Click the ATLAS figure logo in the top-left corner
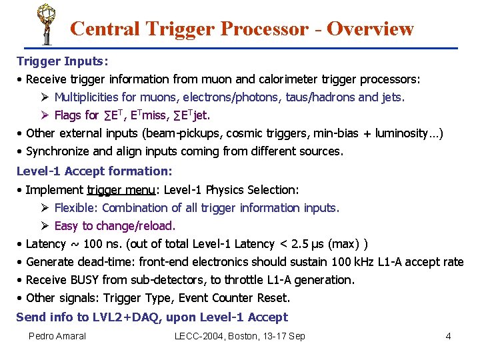45,23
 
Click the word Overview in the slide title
370,29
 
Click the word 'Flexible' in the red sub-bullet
75,208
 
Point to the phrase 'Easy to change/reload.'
115,226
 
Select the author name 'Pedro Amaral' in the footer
57,336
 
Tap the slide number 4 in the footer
449,336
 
